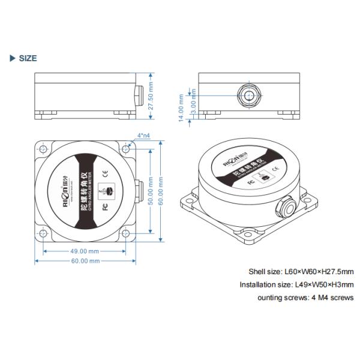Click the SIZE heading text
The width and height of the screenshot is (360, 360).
(x=28, y=58)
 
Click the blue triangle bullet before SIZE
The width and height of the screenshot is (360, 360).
(x=12, y=58)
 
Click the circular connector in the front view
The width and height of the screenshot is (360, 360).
(x=248, y=95)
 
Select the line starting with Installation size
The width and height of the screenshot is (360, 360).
(x=296, y=284)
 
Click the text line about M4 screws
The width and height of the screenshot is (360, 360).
(x=305, y=298)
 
